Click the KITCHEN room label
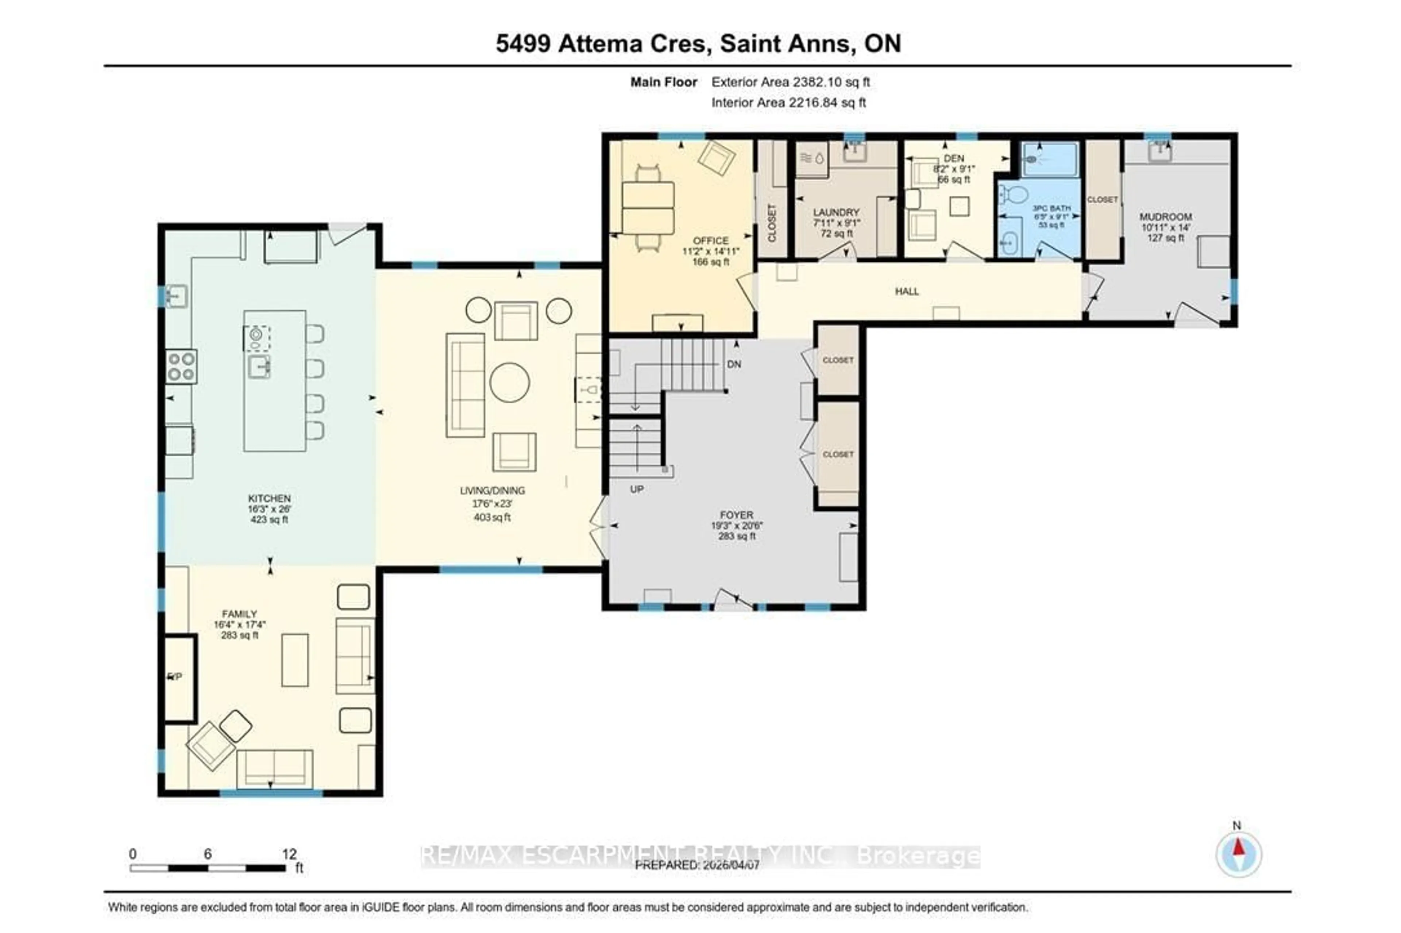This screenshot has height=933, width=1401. (269, 498)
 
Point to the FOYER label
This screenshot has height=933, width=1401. (736, 515)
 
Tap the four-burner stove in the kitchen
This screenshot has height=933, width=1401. (181, 366)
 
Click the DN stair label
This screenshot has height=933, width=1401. (734, 364)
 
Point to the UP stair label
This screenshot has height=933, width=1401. (636, 489)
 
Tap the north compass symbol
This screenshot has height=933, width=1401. (1238, 854)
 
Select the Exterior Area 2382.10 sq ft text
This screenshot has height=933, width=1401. (790, 82)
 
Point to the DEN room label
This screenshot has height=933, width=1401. (953, 158)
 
